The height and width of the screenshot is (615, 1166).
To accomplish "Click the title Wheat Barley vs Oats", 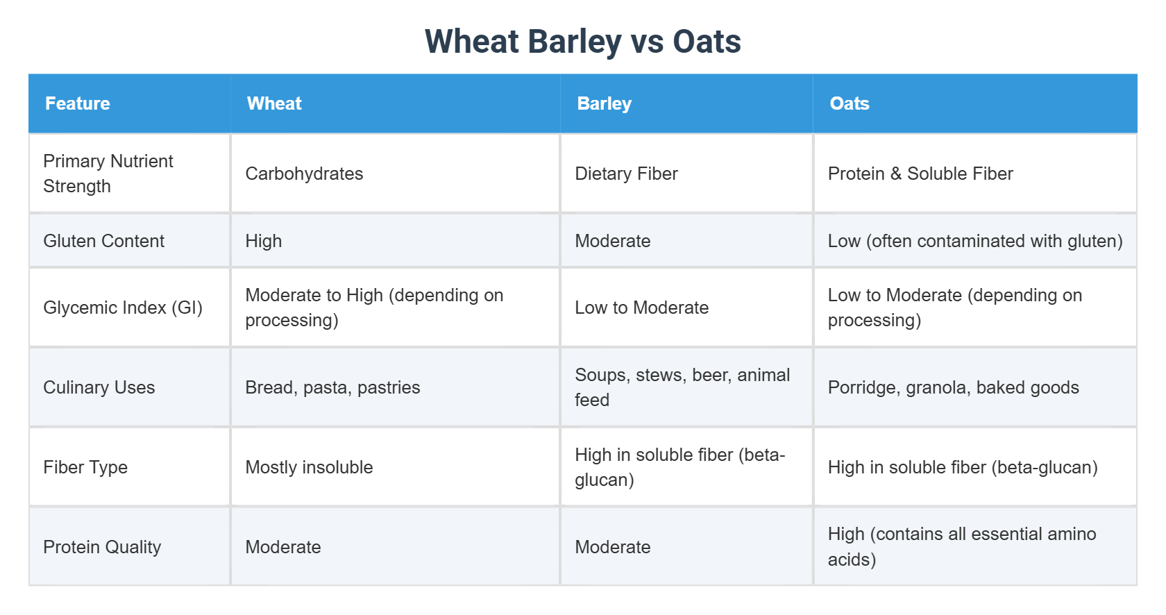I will click(x=582, y=42).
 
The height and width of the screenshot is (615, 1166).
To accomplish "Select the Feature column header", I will click(x=78, y=103).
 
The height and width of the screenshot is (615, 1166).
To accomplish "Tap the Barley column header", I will click(x=604, y=103).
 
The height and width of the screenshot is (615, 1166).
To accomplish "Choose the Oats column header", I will click(x=849, y=103).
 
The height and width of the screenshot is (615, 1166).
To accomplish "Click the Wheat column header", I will click(x=274, y=103).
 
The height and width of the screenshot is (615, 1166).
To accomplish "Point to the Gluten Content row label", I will click(x=104, y=241).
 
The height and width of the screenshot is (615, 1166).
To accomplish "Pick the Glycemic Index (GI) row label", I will click(x=123, y=307).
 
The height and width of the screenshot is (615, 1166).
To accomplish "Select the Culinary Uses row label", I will click(x=99, y=387).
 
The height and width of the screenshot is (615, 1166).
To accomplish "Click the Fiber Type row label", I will click(x=85, y=467).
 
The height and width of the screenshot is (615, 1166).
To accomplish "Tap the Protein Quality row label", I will click(x=102, y=547).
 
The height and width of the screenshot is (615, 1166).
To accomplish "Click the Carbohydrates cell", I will click(x=304, y=174).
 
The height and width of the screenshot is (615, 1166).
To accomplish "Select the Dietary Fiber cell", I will click(x=626, y=174).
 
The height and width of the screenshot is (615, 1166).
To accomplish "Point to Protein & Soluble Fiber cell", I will click(x=920, y=174).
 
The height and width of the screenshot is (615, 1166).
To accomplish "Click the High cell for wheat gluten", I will click(x=264, y=241).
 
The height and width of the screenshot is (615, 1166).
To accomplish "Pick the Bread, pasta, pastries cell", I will click(x=332, y=387).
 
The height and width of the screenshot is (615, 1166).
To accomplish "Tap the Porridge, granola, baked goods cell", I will click(x=953, y=387).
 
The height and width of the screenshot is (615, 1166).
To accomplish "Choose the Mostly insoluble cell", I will click(x=309, y=467).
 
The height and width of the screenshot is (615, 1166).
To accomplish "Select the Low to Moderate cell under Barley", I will click(x=641, y=307).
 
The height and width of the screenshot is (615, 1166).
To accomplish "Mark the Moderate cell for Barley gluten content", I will click(x=613, y=241).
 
